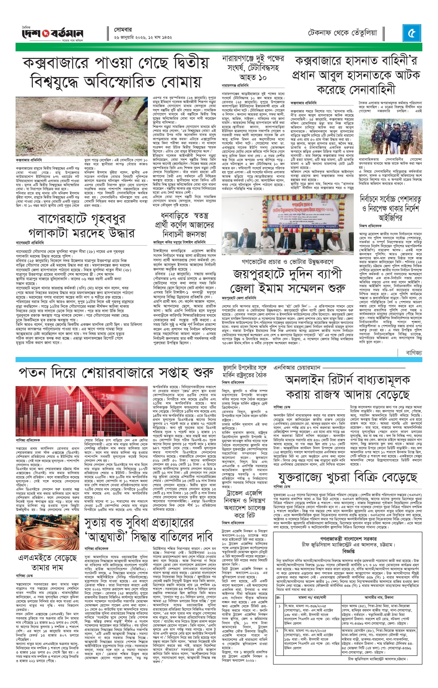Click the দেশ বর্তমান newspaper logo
coord(50,34)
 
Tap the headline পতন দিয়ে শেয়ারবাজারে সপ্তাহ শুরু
coord(116,373)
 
